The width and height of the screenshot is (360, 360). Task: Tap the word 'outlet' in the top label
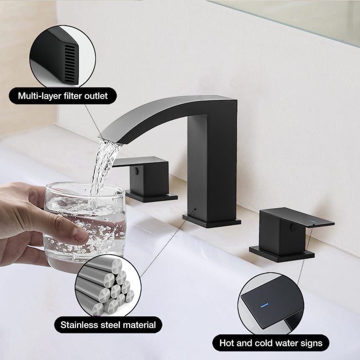coord(96,96)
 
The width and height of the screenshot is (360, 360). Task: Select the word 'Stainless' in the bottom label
coord(76,325)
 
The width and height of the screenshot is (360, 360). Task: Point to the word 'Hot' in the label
coord(227,343)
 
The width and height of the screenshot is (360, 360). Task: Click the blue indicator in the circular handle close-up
coord(264,306)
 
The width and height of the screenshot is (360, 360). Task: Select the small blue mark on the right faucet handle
coord(313,221)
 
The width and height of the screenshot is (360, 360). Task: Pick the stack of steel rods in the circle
coord(104,286)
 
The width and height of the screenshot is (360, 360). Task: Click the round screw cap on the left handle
coord(137,170)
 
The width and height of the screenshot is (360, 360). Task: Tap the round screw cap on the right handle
coord(293,227)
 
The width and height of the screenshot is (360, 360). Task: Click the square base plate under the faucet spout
coord(211,221)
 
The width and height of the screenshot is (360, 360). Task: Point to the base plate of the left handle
coord(152,197)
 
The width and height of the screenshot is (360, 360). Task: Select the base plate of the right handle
coord(282,253)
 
